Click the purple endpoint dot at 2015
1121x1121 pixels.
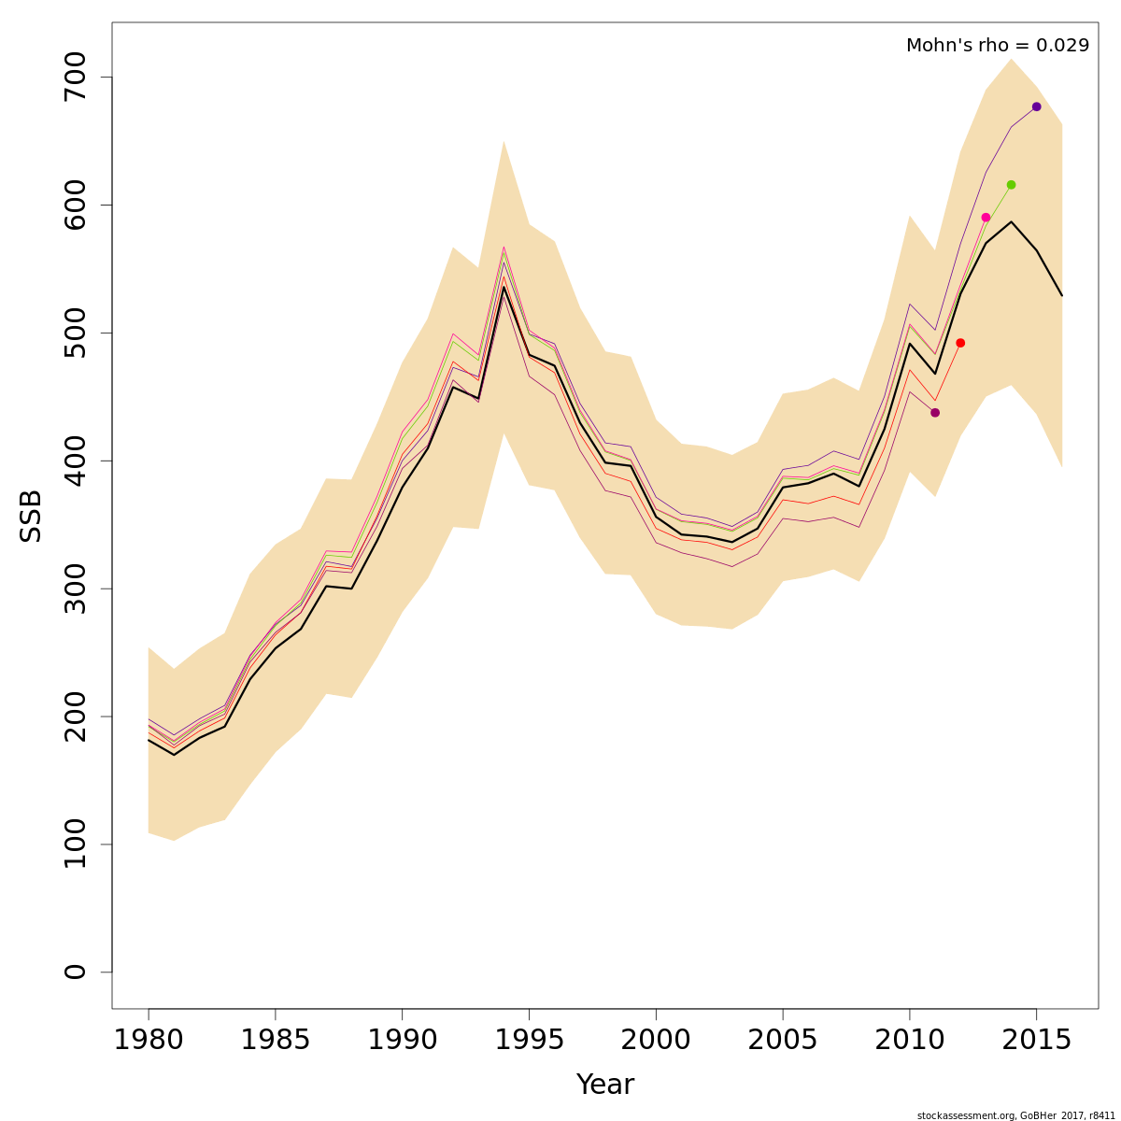coord(1036,106)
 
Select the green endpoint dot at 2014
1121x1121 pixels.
coord(1011,185)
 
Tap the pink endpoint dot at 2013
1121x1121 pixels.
coord(986,218)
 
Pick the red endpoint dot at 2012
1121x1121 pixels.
coord(960,343)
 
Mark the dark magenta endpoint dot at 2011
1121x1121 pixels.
coord(935,413)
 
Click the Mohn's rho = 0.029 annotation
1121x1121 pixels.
coord(997,46)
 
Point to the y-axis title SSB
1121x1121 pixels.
coord(32,515)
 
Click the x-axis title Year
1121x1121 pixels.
coord(604,1085)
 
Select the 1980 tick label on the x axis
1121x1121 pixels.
coord(149,1041)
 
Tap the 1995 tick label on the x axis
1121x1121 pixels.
coord(529,1041)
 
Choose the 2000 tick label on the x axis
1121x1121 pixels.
coord(656,1041)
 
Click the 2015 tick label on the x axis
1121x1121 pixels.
coord(1036,1041)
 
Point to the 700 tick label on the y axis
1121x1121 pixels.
coord(75,77)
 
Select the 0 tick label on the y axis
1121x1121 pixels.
coord(75,972)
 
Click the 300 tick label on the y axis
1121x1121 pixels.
coord(75,589)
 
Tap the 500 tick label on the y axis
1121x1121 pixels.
coord(75,333)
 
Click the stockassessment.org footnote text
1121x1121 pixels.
coord(1015,1115)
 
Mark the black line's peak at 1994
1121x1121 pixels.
coord(504,287)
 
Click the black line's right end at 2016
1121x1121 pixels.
coord(1062,295)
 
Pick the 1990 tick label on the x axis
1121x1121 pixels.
coord(402,1041)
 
